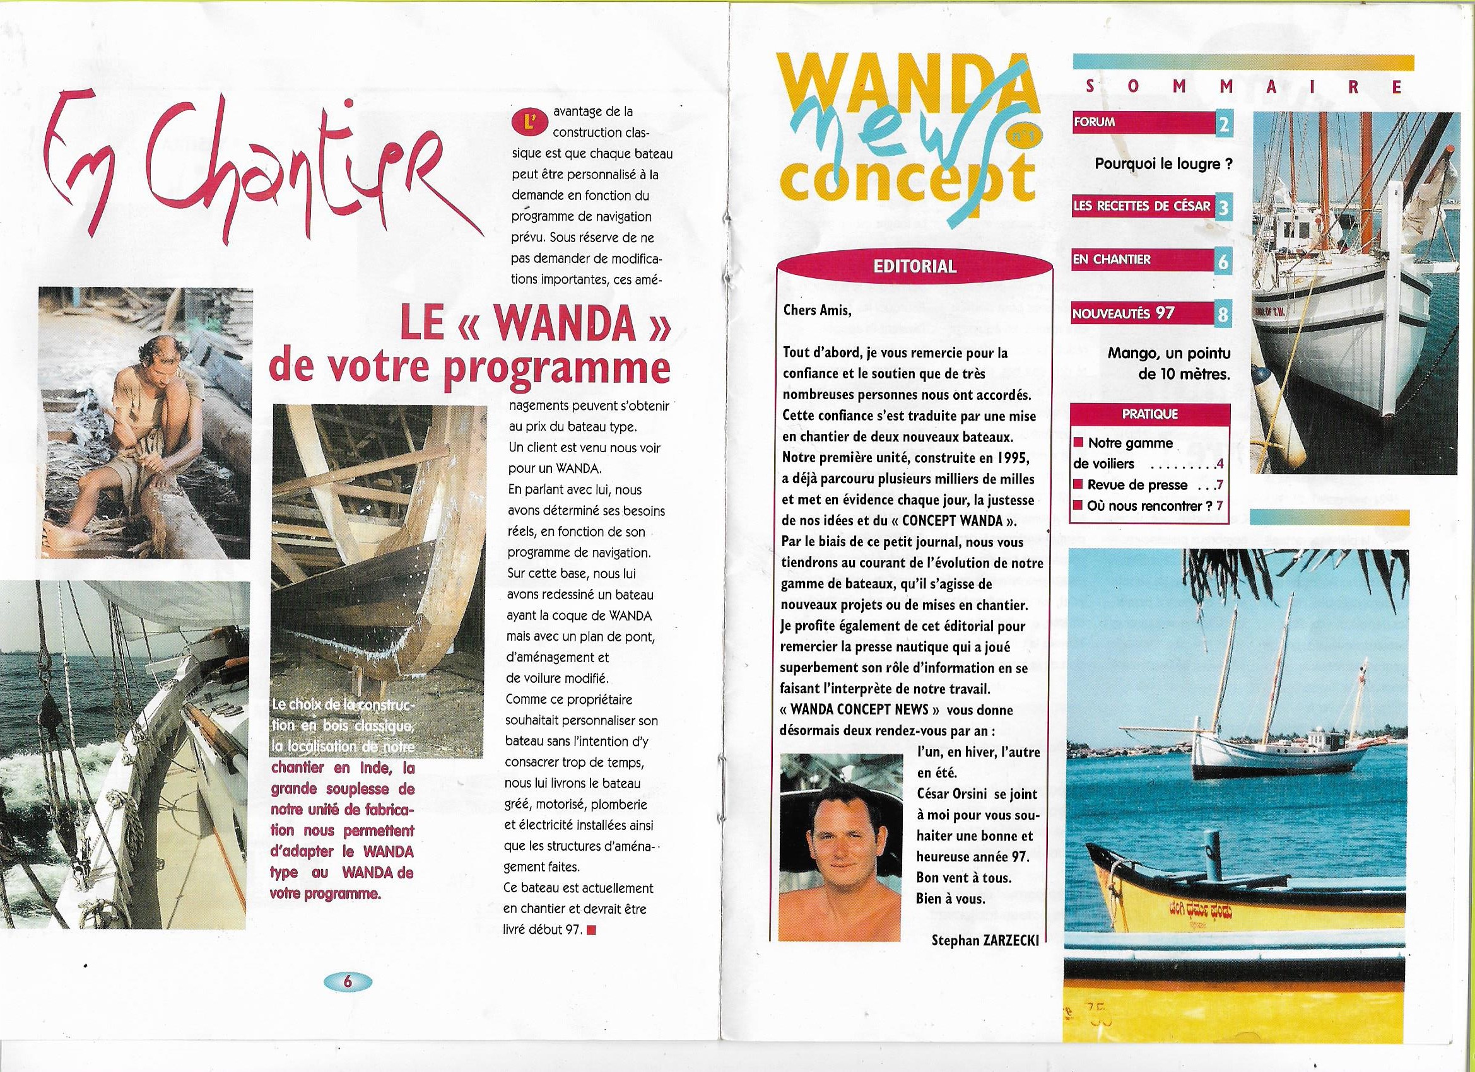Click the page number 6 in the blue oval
(x=346, y=1000)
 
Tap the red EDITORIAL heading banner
(x=914, y=267)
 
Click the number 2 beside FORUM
(x=1223, y=124)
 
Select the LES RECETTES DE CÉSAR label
(x=1141, y=207)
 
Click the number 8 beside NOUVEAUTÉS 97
(x=1223, y=315)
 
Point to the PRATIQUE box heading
(x=1150, y=414)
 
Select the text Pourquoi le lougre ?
(x=1163, y=164)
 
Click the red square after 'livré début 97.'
(x=591, y=929)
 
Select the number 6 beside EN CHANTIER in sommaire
(x=1223, y=261)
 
